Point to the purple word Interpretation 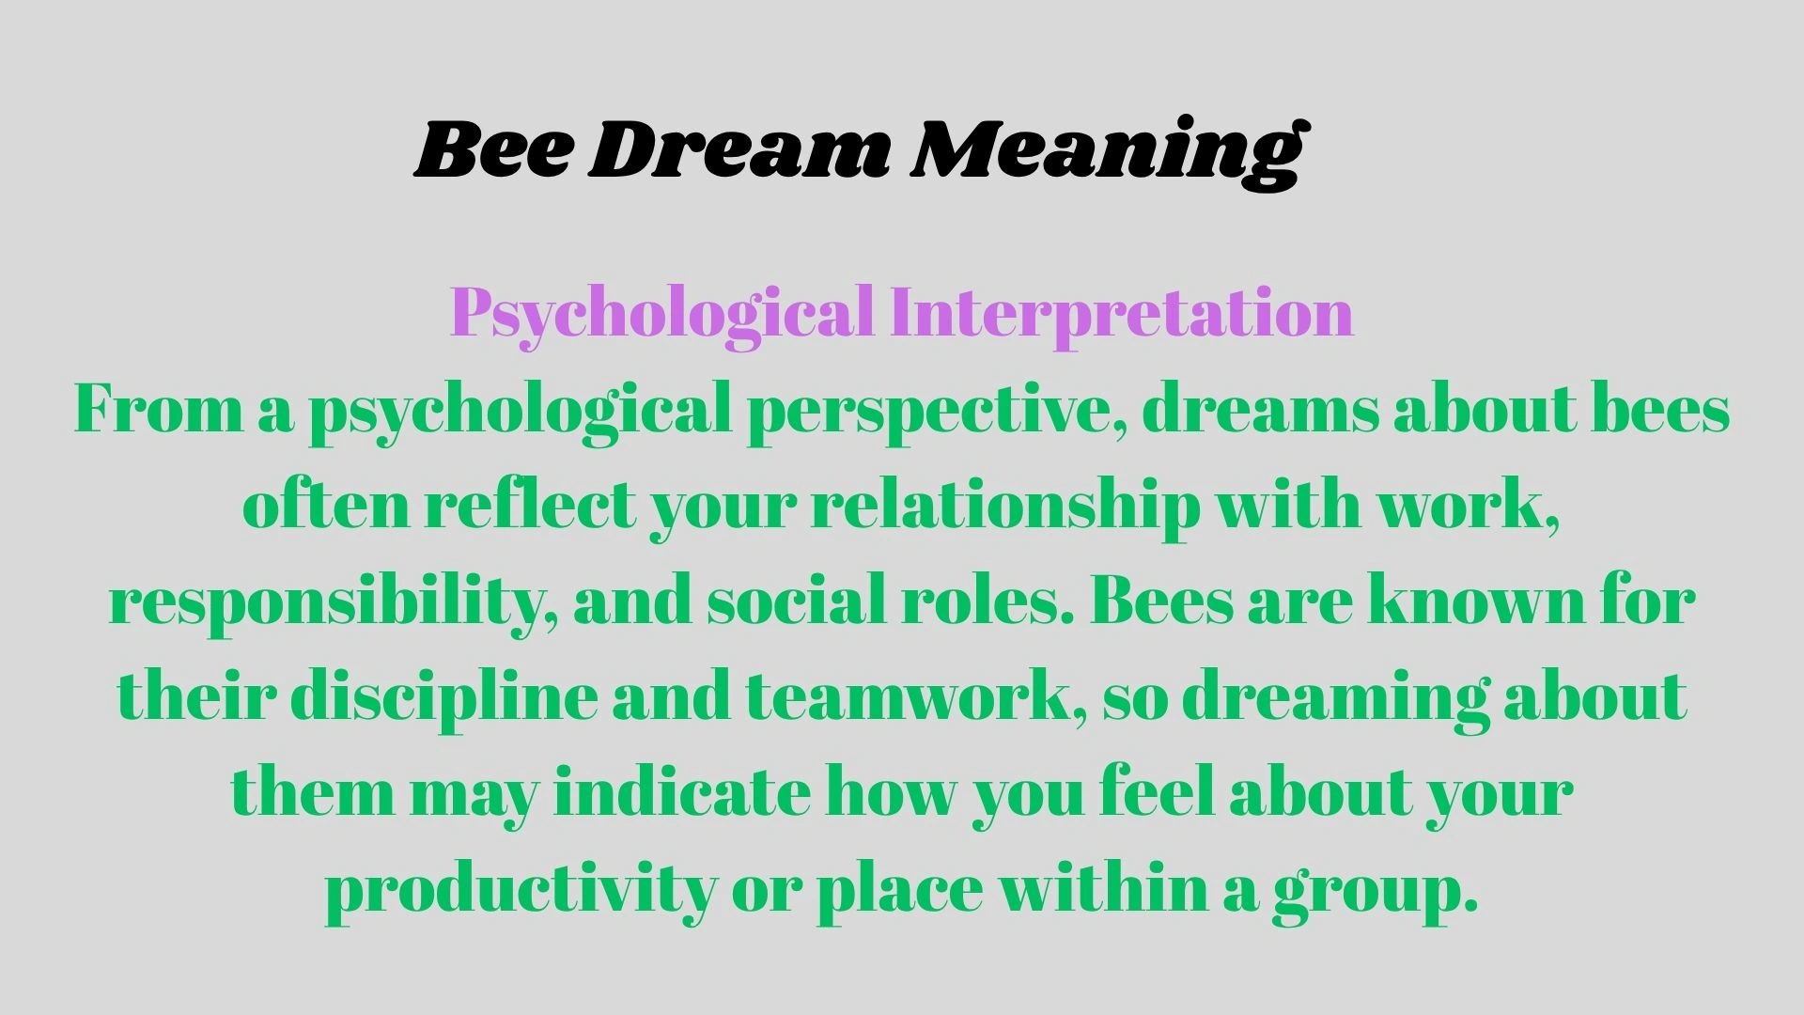pos(1122,312)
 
